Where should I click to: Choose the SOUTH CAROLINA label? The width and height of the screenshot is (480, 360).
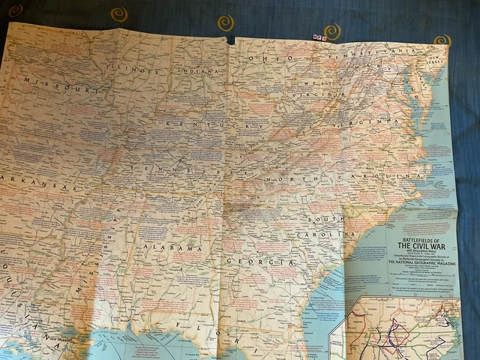click(x=325, y=224)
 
